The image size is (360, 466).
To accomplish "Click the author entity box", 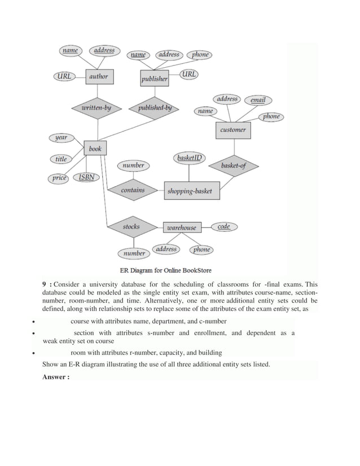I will click(98, 77).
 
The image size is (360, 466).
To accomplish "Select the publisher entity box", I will click(154, 78).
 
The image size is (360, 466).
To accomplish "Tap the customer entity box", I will click(233, 130).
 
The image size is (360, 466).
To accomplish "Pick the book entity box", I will click(95, 149).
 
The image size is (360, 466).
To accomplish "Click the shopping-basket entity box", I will click(190, 191).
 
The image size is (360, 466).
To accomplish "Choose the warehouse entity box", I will click(181, 227).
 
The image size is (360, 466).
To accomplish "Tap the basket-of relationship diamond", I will click(232, 166).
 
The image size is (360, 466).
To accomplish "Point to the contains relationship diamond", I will click(133, 191).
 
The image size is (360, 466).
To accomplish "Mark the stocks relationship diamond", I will click(131, 227).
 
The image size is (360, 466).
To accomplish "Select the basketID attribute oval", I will click(190, 158).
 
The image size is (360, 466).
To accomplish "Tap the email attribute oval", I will click(258, 100).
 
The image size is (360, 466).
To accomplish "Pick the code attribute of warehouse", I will click(223, 226).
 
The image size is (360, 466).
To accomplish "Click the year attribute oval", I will click(61, 138).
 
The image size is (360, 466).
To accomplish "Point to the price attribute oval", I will click(60, 178).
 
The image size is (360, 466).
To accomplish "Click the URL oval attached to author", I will click(64, 76).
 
